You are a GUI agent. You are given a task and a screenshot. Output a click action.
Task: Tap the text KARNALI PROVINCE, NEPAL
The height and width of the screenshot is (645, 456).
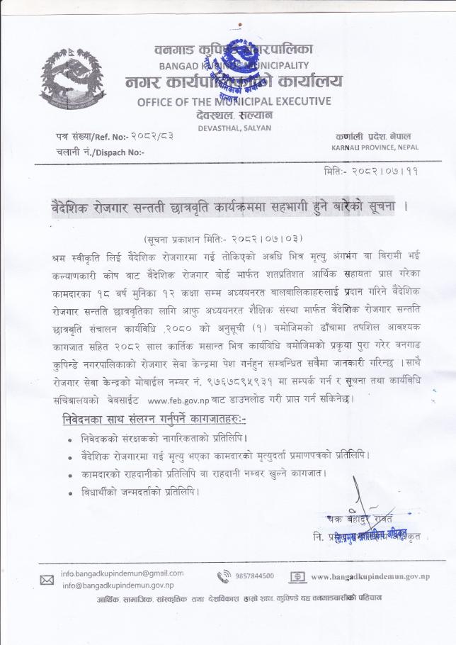(x=375, y=147)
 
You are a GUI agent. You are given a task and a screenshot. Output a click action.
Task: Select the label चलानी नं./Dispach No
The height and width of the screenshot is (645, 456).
(x=99, y=152)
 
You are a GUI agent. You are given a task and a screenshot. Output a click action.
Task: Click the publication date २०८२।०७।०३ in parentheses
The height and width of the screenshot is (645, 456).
(x=261, y=240)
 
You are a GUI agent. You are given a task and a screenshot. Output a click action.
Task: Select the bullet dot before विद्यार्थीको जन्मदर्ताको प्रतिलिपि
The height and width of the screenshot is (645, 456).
(x=69, y=492)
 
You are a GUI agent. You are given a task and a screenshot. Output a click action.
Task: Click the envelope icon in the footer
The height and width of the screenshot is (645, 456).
(x=47, y=580)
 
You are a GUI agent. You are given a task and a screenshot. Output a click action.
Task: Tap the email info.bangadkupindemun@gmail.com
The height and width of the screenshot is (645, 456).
(x=122, y=573)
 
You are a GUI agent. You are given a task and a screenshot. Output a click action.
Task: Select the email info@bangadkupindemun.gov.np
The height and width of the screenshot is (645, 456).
(x=118, y=585)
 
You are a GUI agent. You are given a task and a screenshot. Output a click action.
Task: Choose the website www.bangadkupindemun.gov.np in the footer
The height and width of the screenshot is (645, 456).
(x=370, y=577)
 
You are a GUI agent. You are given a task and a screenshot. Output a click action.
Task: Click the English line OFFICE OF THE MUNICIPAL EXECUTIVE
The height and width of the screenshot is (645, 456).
(x=234, y=101)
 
